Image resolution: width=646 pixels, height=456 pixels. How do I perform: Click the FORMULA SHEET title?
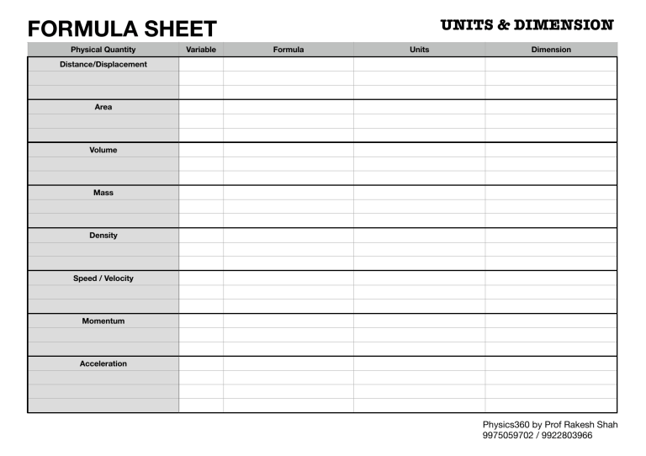[122, 29]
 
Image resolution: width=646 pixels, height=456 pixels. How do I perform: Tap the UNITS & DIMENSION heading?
[527, 25]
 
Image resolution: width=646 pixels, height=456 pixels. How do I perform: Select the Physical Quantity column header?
[103, 50]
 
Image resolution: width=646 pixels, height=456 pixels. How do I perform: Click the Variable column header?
[201, 50]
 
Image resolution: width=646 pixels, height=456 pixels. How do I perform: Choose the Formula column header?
[289, 50]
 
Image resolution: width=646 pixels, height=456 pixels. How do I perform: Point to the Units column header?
[419, 50]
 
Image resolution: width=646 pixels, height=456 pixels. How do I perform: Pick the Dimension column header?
[551, 50]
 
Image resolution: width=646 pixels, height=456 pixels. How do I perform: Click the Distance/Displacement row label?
[103, 64]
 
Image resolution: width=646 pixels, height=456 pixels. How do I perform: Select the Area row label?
[103, 107]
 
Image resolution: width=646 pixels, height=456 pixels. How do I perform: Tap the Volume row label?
[103, 150]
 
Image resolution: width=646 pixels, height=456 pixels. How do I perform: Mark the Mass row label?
[103, 193]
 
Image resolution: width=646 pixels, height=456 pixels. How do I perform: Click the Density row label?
[103, 236]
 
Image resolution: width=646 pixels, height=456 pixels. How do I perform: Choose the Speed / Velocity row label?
[103, 278]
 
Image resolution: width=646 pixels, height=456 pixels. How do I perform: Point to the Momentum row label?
[103, 321]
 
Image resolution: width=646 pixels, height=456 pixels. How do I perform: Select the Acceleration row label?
[103, 363]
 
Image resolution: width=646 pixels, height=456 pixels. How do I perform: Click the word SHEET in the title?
[176, 29]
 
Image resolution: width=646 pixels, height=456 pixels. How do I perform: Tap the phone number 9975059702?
[508, 436]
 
